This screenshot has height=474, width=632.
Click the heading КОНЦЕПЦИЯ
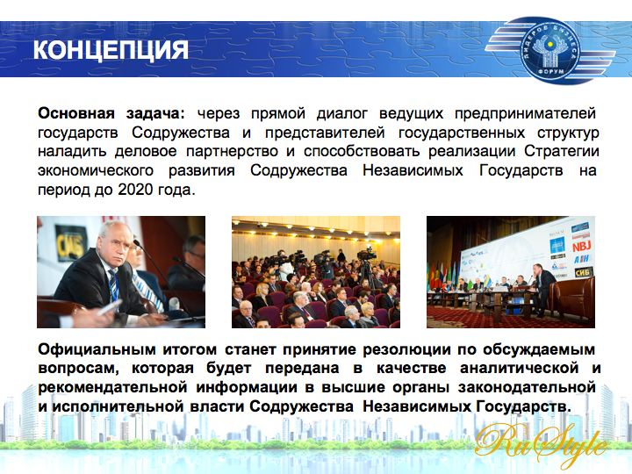[111, 49]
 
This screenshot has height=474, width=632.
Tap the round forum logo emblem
[550, 49]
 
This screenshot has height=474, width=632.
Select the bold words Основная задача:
[111, 113]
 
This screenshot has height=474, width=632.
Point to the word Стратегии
[562, 152]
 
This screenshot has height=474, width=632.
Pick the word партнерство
[232, 152]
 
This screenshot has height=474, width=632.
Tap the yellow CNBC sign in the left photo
[70, 243]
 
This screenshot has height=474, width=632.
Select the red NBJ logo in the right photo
[581, 246]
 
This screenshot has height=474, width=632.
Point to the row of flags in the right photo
[444, 276]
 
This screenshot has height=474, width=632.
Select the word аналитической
[519, 369]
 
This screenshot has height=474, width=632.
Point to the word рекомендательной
[112, 387]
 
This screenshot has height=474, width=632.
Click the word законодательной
[527, 387]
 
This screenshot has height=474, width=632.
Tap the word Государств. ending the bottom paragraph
[523, 406]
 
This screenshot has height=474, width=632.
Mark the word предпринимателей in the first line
[525, 113]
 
